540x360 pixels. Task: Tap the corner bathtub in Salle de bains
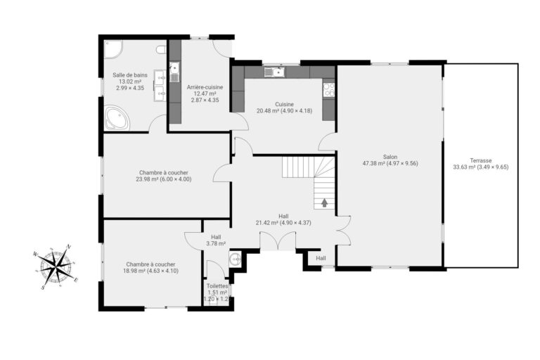116,118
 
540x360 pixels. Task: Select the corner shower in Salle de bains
112,49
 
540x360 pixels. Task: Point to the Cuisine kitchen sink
272,71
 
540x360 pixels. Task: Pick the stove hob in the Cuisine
328,89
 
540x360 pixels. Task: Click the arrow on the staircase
325,202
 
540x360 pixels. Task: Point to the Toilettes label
217,286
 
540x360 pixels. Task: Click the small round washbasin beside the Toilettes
236,259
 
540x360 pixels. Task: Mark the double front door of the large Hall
278,243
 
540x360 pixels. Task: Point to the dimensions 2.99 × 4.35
129,89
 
